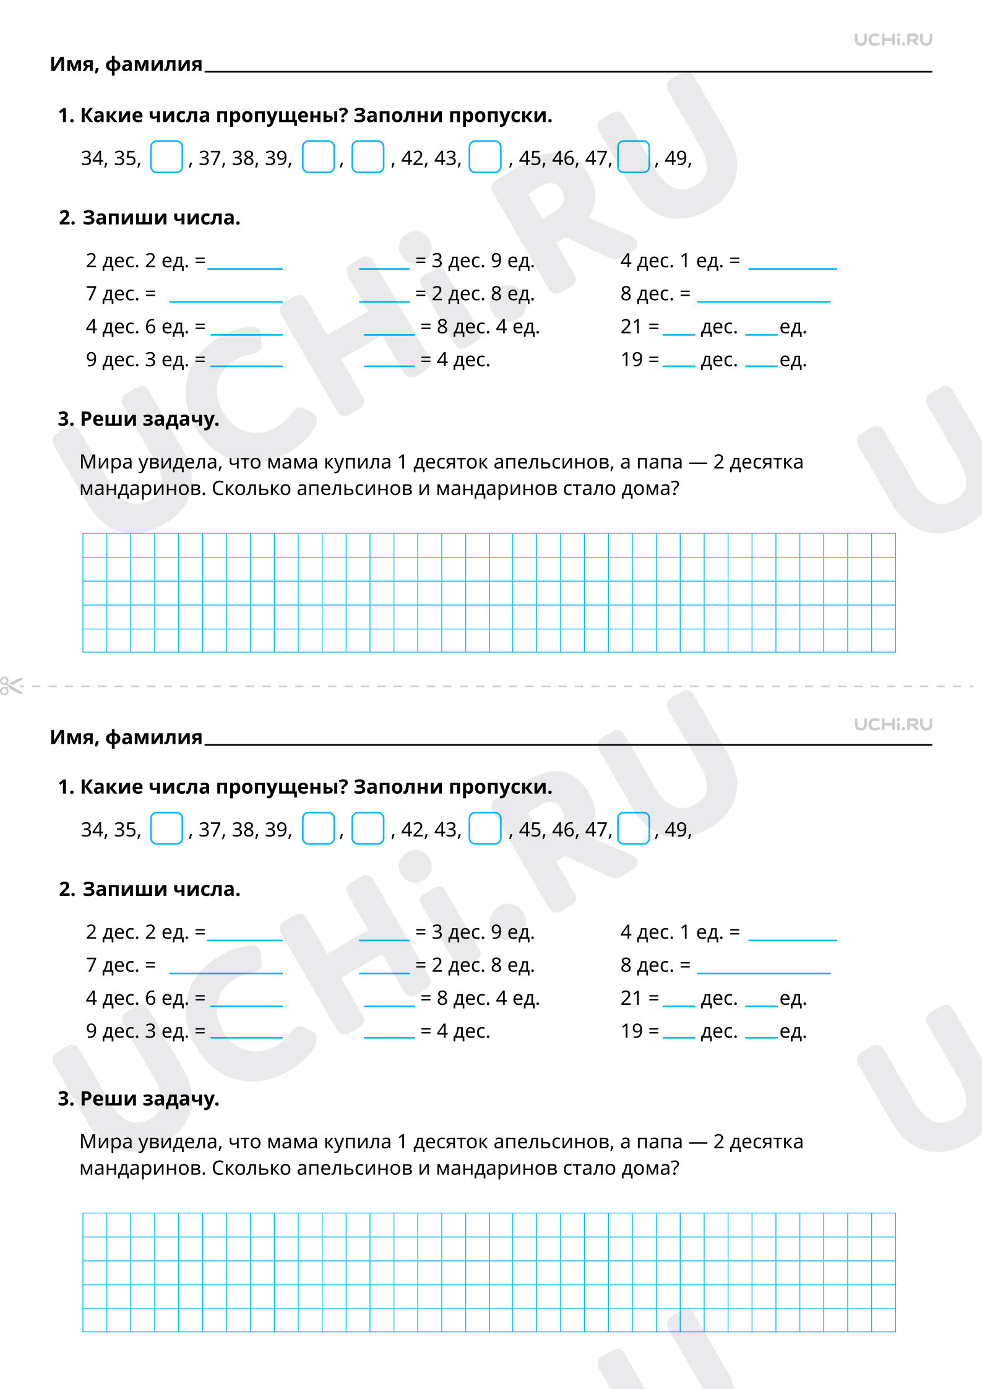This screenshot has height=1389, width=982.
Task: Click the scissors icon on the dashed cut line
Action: click(11, 686)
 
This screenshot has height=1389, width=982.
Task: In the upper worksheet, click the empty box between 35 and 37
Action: click(166, 157)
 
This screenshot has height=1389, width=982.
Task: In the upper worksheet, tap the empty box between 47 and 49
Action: click(633, 157)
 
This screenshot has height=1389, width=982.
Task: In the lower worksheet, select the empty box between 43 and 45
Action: click(485, 828)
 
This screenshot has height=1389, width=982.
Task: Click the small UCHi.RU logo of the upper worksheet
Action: click(893, 40)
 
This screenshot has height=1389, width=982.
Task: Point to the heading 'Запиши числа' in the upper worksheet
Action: click(161, 218)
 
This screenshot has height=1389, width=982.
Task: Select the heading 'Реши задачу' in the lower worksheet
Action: click(149, 1098)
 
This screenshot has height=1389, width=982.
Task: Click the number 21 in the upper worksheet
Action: click(632, 327)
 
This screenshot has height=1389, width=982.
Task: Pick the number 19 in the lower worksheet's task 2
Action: click(632, 1031)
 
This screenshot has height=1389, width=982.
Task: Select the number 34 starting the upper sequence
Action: click(92, 158)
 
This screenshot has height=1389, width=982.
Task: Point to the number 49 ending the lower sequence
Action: click(676, 830)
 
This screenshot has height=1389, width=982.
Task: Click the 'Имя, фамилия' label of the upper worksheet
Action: click(126, 64)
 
